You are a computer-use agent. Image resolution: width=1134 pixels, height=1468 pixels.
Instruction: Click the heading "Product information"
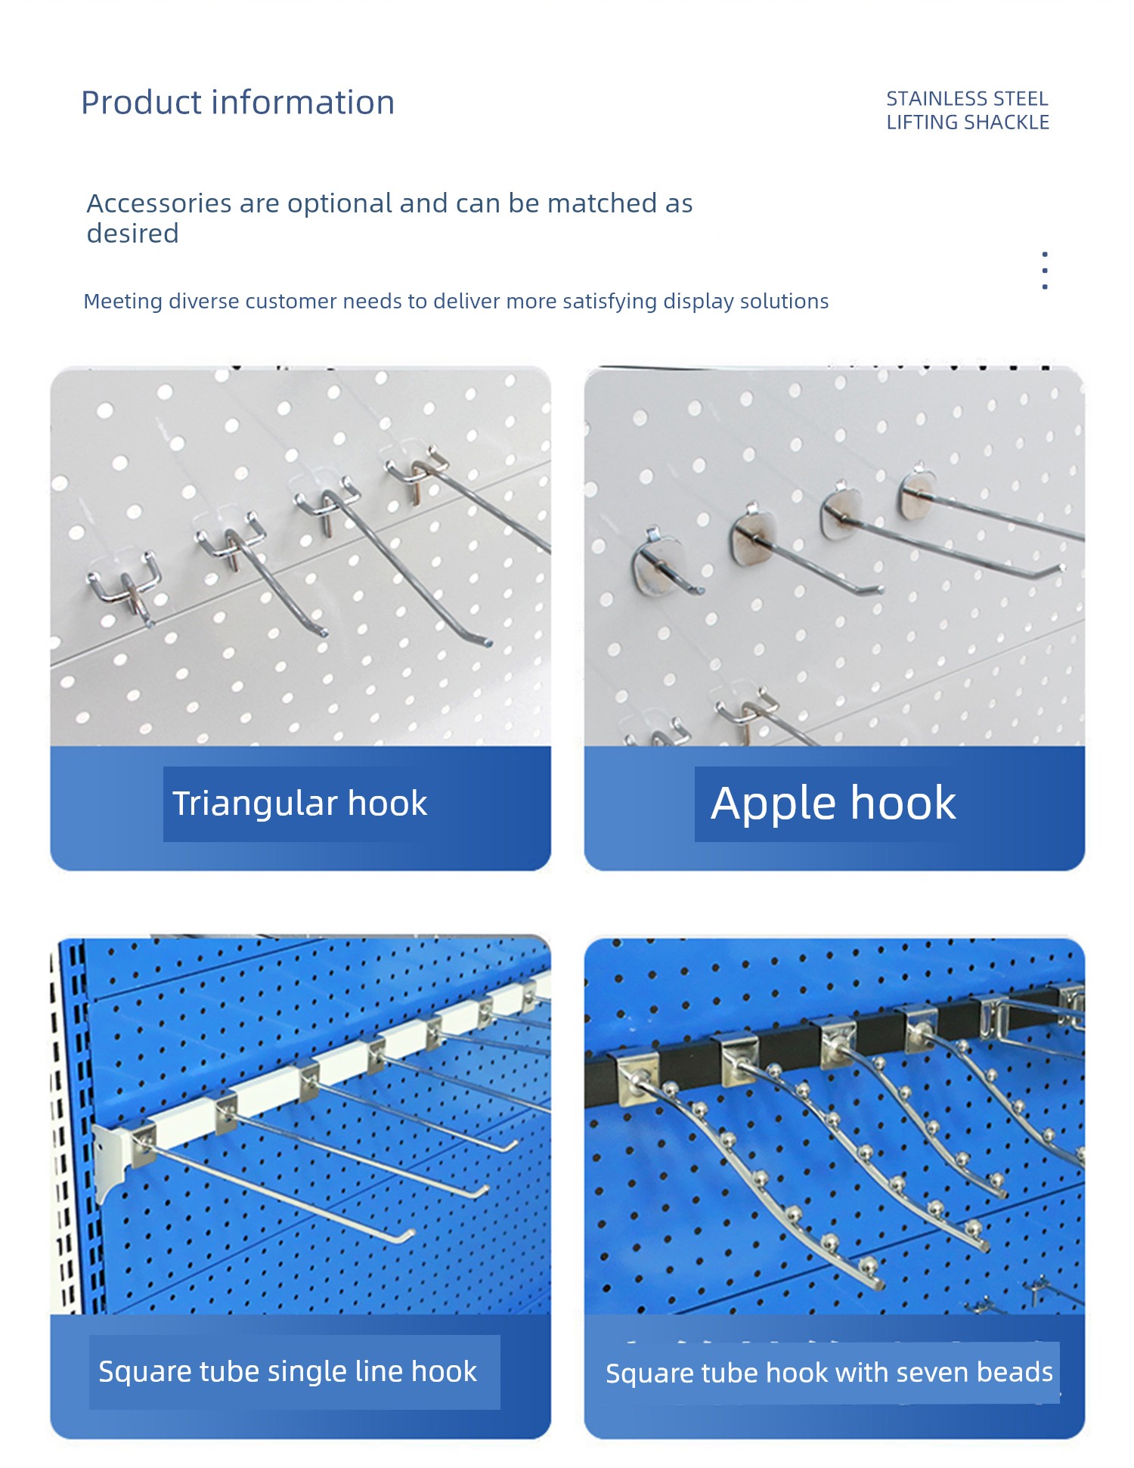coord(237,103)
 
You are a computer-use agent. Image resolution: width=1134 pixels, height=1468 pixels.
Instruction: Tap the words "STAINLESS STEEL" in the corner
coord(967,98)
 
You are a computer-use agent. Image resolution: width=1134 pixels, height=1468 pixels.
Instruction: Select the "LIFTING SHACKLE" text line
coord(968,122)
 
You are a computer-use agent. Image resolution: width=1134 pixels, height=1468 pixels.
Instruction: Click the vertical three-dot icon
coord(1045,271)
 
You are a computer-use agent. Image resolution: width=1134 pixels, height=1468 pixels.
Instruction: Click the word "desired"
coord(132,234)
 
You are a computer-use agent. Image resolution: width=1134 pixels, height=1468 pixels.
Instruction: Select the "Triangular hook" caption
coord(299,803)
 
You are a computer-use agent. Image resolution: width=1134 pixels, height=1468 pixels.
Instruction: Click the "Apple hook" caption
coord(833,803)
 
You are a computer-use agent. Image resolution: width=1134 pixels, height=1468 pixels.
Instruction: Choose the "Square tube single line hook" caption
coord(287,1371)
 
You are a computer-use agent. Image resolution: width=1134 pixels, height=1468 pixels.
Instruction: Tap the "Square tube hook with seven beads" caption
coord(829,1372)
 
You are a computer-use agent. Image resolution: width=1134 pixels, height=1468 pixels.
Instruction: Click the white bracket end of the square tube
coord(113,1157)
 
